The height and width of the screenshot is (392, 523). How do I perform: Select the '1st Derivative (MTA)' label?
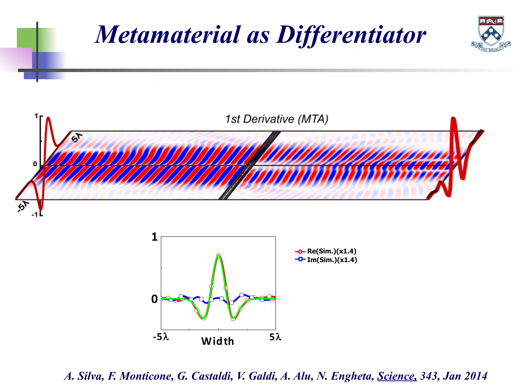277,119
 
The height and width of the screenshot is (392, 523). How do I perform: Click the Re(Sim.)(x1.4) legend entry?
331,251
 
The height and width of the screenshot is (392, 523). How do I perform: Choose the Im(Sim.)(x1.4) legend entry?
332,260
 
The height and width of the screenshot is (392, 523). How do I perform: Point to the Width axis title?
218,341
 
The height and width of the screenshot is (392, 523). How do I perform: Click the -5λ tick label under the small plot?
161,337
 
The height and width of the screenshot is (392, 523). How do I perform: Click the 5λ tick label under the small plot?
275,337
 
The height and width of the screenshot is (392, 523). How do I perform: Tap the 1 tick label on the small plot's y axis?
154,237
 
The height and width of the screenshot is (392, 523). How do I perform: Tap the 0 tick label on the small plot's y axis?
154,299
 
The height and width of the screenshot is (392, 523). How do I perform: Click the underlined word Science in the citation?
397,376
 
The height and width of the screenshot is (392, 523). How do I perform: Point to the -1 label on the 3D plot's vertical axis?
35,215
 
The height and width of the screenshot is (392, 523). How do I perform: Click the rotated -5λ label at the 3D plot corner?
23,206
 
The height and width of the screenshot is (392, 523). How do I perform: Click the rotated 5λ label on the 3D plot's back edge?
77,138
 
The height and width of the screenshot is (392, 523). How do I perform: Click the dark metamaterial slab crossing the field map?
250,165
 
